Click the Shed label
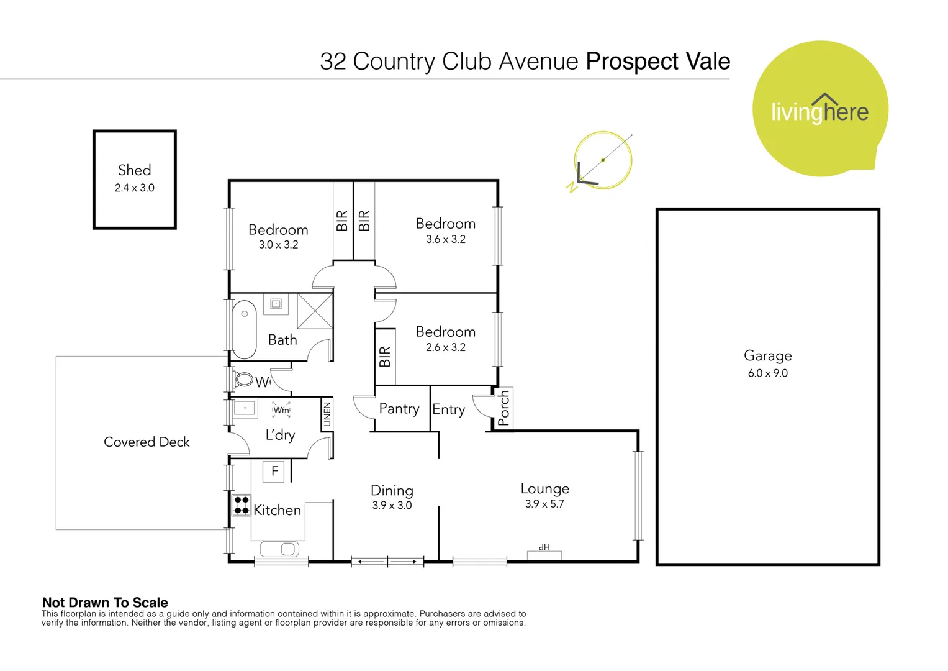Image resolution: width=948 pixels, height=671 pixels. (134, 170)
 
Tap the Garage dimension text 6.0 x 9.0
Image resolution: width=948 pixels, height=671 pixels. (767, 373)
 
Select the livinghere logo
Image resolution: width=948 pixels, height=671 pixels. (819, 110)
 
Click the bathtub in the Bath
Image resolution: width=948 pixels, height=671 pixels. (244, 329)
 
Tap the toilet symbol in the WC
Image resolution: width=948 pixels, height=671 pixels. (244, 379)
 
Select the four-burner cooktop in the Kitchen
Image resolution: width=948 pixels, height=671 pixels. (241, 505)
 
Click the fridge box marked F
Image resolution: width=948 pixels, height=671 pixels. (274, 472)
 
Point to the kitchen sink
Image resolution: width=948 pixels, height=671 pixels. (280, 549)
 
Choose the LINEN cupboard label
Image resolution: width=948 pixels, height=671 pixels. (327, 414)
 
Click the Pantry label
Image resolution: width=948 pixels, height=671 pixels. (399, 409)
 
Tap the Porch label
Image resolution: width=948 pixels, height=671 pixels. (503, 408)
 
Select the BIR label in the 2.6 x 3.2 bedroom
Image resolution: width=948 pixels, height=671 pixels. (384, 357)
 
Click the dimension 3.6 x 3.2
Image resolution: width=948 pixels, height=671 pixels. (445, 239)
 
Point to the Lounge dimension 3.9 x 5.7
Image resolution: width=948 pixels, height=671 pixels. (544, 504)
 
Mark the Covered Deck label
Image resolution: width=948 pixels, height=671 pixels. (147, 442)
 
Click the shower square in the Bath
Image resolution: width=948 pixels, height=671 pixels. (315, 311)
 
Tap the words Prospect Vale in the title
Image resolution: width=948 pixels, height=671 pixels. (657, 62)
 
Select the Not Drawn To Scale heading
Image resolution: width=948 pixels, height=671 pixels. (105, 602)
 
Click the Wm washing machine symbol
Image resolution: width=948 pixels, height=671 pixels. (281, 410)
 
